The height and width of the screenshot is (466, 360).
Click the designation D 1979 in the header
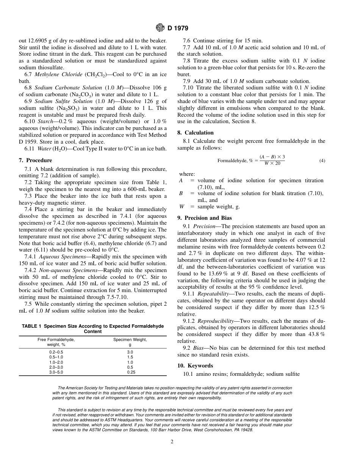177,28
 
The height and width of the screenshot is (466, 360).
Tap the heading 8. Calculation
196,133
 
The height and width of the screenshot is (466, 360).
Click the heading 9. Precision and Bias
205,218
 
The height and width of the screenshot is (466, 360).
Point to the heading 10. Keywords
195,366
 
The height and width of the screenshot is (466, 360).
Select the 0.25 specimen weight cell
130,372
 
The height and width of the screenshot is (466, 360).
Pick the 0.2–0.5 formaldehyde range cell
56,352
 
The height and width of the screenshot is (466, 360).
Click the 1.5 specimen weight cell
130,357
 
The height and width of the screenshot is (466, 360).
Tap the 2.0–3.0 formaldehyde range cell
56,367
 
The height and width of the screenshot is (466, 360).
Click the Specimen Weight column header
130,340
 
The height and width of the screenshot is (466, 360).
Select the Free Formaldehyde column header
56,340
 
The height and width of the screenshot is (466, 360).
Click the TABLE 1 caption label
34,326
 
